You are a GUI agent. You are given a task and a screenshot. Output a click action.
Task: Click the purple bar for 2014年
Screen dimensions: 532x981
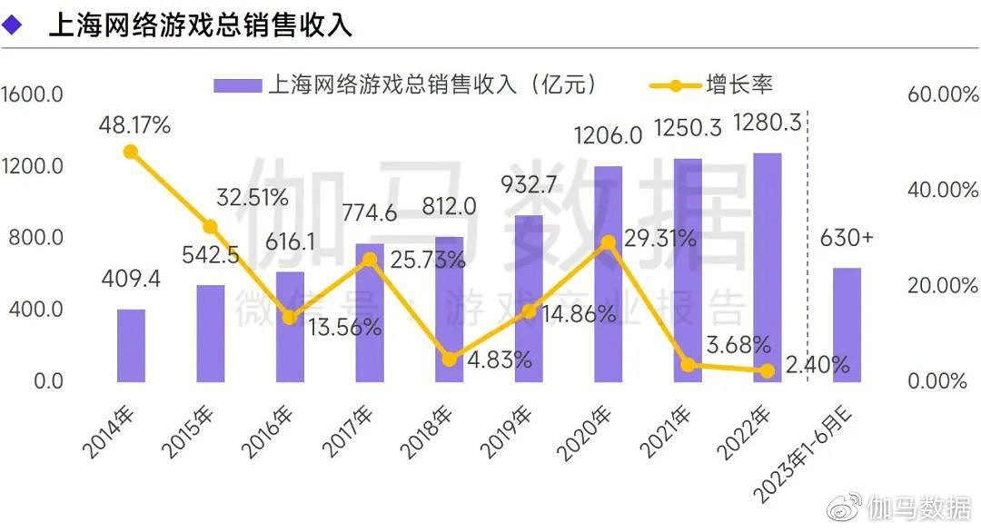[x=131, y=345]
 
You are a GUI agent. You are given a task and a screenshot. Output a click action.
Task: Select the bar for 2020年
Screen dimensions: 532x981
[x=608, y=274]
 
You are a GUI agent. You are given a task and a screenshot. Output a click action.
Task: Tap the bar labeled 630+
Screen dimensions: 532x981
[x=847, y=324]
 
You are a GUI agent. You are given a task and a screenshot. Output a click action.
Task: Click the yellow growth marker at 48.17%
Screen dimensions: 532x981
[x=131, y=153]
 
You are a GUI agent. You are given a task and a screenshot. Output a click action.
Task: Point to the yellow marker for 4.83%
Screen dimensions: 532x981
[x=449, y=360]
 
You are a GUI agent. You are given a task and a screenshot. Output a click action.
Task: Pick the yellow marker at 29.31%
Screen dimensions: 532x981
[x=608, y=242]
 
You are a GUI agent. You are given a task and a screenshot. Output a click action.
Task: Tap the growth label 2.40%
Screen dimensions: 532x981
[x=818, y=366]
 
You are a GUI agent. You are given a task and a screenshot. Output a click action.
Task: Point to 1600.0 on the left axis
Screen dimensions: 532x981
[x=32, y=95]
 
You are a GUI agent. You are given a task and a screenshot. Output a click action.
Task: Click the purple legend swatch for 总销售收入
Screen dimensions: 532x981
[x=238, y=85]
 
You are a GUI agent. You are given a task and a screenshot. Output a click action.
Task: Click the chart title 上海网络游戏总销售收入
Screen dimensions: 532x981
[x=200, y=25]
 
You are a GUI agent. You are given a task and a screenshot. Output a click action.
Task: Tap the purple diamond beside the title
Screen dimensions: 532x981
[x=13, y=25]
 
